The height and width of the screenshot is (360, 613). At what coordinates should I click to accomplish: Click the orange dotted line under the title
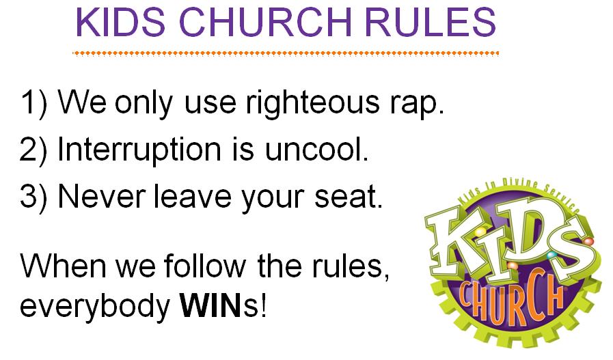click(286, 53)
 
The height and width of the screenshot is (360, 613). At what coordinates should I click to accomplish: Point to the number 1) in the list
click(34, 102)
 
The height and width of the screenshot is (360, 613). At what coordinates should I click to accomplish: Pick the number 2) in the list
click(33, 150)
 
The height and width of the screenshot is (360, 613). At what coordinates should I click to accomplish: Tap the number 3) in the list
click(33, 197)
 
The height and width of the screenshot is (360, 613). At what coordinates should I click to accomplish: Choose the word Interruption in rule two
click(139, 150)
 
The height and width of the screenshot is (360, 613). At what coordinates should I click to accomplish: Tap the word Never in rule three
click(102, 197)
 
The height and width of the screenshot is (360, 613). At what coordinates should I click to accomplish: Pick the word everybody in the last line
click(95, 307)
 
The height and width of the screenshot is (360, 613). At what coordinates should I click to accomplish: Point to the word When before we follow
click(64, 266)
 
